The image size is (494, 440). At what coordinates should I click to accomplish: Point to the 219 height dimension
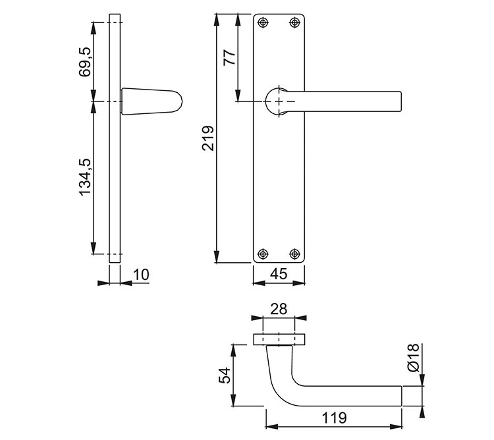click(207, 138)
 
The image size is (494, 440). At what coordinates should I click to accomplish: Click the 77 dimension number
click(229, 57)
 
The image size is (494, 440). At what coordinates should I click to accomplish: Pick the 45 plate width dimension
click(279, 275)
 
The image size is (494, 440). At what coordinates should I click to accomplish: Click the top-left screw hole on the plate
click(263, 23)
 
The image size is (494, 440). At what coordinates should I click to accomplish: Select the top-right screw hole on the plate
click(294, 23)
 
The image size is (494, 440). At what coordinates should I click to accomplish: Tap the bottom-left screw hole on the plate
click(263, 253)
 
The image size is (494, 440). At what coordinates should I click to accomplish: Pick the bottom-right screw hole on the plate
click(294, 253)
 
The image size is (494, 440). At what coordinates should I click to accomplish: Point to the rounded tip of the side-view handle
click(177, 101)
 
